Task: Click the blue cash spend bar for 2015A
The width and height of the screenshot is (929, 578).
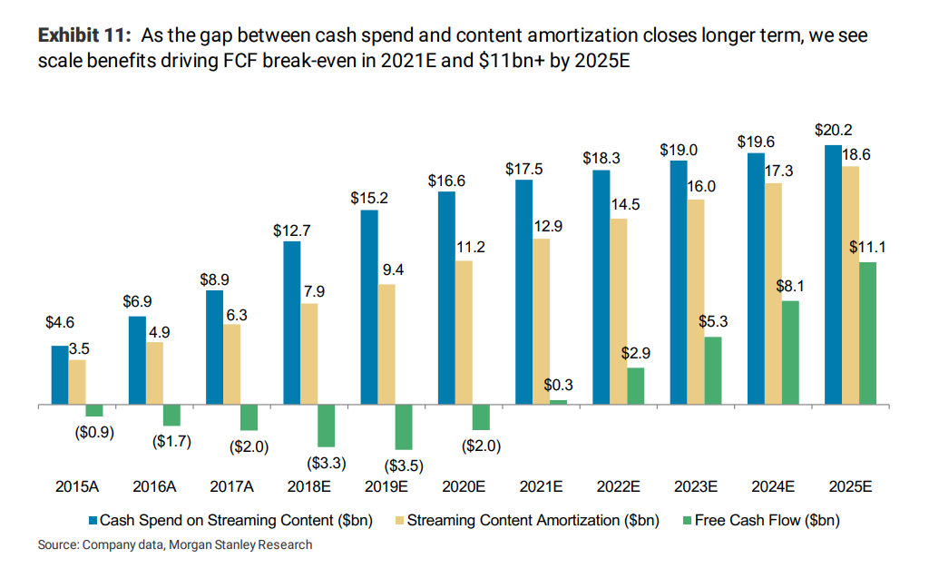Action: [59, 375]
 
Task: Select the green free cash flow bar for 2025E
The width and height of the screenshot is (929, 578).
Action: [868, 333]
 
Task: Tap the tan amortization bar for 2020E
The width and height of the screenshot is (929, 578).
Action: [464, 332]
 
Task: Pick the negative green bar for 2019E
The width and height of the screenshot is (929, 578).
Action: [404, 426]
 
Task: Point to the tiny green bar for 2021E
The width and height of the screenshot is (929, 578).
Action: [558, 402]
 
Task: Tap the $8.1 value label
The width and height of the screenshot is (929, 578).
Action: [790, 286]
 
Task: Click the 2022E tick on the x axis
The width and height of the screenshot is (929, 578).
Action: [618, 487]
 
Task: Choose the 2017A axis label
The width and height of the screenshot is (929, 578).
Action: [231, 487]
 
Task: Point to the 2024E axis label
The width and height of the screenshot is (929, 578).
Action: [773, 487]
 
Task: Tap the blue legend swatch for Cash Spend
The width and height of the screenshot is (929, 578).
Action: [93, 521]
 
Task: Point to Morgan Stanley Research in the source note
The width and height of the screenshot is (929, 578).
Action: [242, 545]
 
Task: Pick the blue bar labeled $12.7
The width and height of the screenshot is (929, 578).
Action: [291, 322]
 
